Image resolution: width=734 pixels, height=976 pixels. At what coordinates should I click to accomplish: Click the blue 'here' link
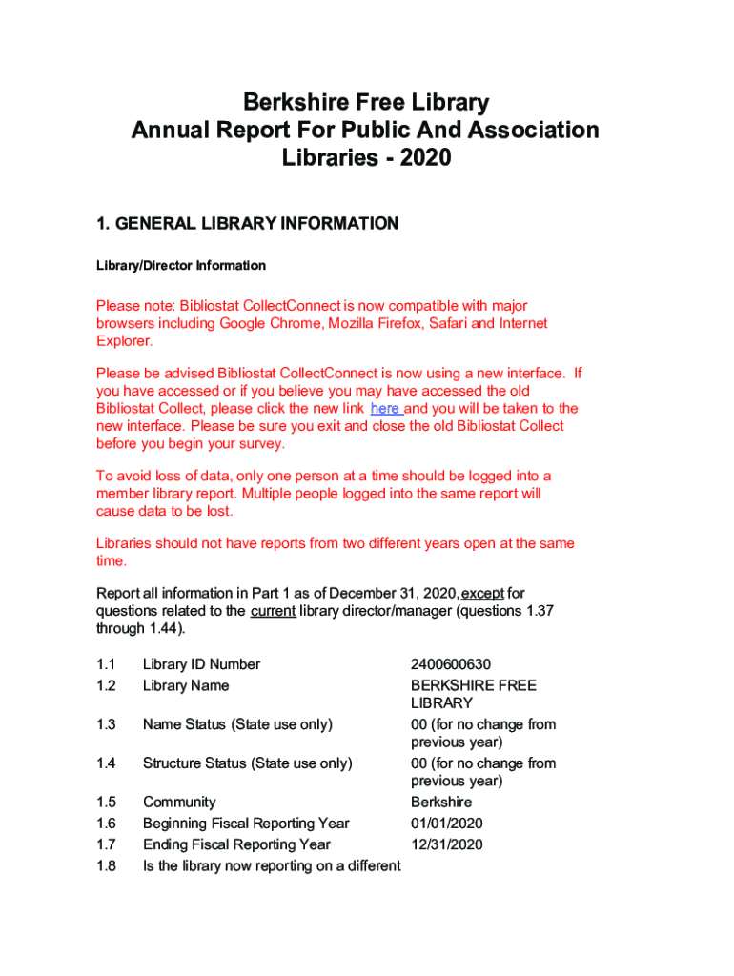[385, 409]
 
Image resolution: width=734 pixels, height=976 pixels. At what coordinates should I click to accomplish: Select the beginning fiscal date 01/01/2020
[447, 823]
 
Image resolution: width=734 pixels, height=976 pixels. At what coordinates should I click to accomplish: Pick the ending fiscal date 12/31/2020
[447, 844]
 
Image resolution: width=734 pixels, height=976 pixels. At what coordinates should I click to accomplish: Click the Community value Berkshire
[441, 803]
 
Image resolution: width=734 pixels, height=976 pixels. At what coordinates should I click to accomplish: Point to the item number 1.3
[106, 724]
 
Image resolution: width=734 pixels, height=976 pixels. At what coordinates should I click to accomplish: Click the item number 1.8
[106, 865]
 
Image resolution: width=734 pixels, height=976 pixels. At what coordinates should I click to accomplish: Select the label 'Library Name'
[186, 685]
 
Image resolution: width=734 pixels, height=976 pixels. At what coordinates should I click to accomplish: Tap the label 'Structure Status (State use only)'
[247, 762]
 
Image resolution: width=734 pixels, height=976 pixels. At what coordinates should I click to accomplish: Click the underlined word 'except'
[483, 594]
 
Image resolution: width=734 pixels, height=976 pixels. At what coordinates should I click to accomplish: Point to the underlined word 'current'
[273, 612]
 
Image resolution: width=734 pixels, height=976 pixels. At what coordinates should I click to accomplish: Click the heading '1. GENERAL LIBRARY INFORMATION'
[247, 224]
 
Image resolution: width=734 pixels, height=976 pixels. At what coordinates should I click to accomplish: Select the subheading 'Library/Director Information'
[181, 266]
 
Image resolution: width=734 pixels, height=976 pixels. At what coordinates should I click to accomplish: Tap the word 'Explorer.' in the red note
[124, 341]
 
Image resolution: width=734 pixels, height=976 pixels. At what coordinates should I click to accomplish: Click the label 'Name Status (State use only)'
[237, 724]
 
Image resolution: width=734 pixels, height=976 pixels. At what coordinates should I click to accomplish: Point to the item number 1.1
[106, 664]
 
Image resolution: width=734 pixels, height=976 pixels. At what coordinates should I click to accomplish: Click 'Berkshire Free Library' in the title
[366, 103]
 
